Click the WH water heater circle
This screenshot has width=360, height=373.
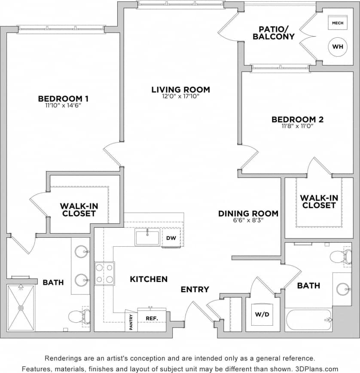pyautogui.click(x=338, y=47)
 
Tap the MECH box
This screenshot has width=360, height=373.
pyautogui.click(x=338, y=23)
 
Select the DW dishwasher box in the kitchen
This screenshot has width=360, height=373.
pyautogui.click(x=171, y=238)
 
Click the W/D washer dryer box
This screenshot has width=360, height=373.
pyautogui.click(x=262, y=315)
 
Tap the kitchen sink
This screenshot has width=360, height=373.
pyautogui.click(x=147, y=237)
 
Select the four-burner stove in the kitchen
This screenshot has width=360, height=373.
pyautogui.click(x=104, y=274)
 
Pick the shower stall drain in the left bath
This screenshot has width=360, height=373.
pyautogui.click(x=21, y=308)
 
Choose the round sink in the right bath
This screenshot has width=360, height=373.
pyautogui.click(x=343, y=288)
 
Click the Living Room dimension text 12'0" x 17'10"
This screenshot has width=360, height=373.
pyautogui.click(x=180, y=96)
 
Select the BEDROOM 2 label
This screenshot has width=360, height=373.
pyautogui.click(x=297, y=119)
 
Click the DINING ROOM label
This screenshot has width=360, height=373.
pyautogui.click(x=248, y=213)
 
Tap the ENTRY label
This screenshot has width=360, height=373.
pyautogui.click(x=195, y=289)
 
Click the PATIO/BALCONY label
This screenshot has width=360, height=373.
pyautogui.click(x=273, y=33)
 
